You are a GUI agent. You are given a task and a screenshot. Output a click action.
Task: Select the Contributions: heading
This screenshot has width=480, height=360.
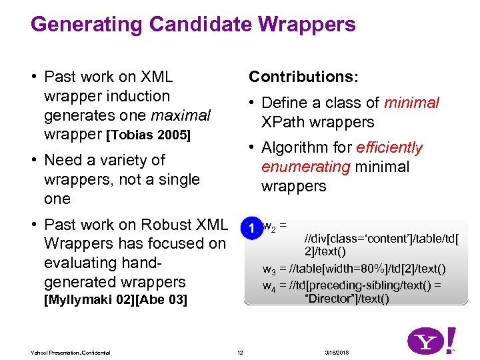pyautogui.click(x=303, y=77)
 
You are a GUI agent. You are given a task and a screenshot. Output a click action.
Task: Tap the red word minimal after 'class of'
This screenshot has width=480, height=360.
pyautogui.click(x=411, y=103)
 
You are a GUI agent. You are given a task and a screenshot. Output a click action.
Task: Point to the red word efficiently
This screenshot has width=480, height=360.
pyautogui.click(x=389, y=147)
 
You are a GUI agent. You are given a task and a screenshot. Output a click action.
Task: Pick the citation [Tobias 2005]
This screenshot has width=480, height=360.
pyautogui.click(x=148, y=136)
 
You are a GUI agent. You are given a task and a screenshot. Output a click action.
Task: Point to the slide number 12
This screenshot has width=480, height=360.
pyautogui.click(x=240, y=352)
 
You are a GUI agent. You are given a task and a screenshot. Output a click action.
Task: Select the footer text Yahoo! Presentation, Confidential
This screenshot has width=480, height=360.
pyautogui.click(x=70, y=352)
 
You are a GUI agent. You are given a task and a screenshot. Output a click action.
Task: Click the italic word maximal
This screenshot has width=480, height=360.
pyautogui.click(x=181, y=115)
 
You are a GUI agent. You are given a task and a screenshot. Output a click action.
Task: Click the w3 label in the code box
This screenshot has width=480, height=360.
pyautogui.click(x=269, y=269)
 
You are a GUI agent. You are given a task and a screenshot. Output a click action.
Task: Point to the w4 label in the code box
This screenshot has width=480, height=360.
pyautogui.click(x=269, y=286)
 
